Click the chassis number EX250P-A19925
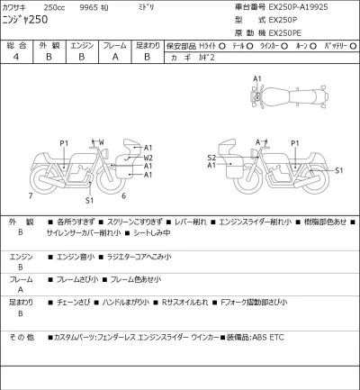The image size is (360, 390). coord(312,6)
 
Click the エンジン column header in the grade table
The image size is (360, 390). coord(82,45)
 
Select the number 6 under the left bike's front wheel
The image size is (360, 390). coord(123,195)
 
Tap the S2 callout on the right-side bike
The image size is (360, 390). coord(211,157)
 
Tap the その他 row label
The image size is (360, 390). coord(22,337)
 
